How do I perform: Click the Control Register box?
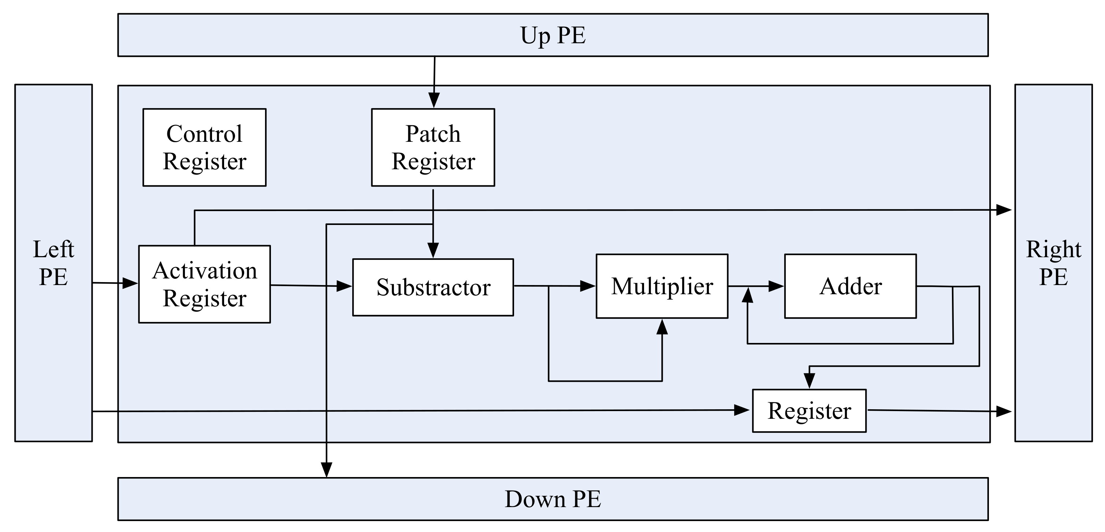tap(204, 147)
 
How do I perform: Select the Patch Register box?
tap(433, 147)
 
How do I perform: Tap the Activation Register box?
tap(204, 284)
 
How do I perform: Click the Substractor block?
tap(433, 287)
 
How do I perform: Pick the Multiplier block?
tap(662, 286)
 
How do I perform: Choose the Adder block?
tap(850, 286)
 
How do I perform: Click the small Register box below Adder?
tap(809, 410)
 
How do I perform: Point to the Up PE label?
tap(552, 35)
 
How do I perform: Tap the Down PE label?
tap(552, 499)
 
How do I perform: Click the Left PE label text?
tap(53, 263)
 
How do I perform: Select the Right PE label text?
tap(1053, 263)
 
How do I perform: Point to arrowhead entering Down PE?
tap(327, 470)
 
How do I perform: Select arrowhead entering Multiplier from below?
tap(662, 327)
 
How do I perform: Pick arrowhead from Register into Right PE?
tap(1004, 411)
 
